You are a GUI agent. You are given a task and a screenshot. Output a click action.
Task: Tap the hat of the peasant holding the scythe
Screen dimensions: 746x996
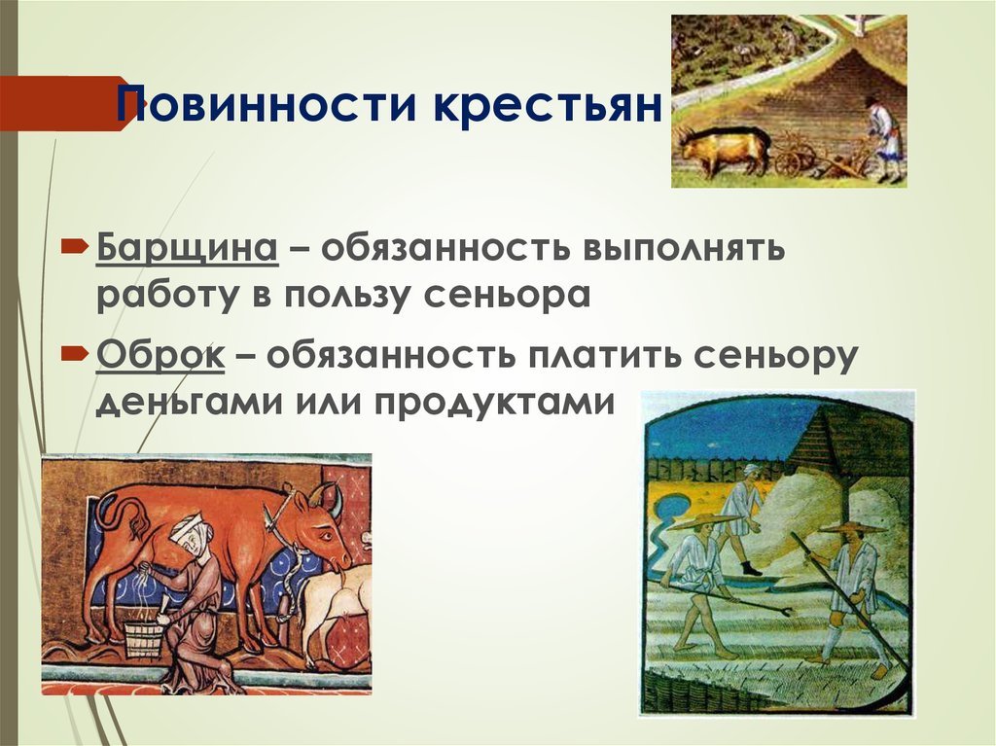tap(852, 526)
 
